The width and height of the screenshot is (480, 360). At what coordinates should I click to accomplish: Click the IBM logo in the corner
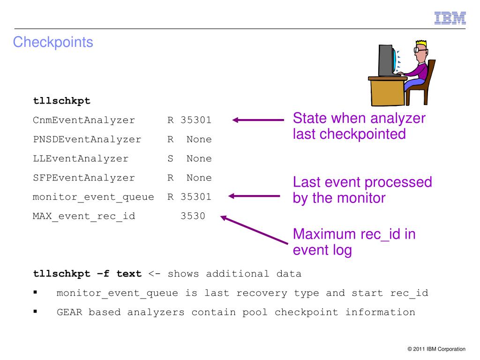(x=450, y=18)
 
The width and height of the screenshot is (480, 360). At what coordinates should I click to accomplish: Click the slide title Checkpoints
(x=53, y=43)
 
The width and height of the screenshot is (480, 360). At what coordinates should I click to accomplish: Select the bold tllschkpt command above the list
(x=61, y=101)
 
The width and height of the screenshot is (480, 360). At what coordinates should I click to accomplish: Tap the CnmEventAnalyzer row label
(x=84, y=120)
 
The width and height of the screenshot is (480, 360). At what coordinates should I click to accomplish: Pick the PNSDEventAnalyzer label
(x=87, y=139)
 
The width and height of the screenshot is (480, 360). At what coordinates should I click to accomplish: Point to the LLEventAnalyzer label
(x=81, y=158)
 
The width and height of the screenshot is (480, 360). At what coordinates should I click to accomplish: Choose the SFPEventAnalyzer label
(x=84, y=178)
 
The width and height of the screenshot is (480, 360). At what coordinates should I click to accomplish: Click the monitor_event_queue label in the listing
(x=93, y=197)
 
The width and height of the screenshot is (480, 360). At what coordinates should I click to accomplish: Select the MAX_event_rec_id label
(x=84, y=216)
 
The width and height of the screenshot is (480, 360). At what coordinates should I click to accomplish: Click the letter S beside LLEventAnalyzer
(x=171, y=158)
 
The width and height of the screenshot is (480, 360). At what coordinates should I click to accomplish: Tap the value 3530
(x=193, y=216)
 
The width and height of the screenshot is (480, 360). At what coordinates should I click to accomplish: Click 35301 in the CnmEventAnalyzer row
(x=196, y=120)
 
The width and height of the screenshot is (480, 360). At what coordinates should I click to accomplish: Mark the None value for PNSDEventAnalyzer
(x=199, y=139)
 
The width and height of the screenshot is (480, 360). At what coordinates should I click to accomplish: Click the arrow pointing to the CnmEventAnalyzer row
(x=258, y=120)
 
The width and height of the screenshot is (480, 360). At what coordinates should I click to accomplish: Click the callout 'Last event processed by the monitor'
(x=362, y=190)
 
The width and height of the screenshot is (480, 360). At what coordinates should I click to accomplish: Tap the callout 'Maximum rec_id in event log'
(x=354, y=242)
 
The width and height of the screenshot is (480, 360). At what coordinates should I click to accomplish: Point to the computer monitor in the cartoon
(x=387, y=60)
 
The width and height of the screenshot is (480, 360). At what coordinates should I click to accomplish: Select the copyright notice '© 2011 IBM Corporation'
(x=436, y=349)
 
